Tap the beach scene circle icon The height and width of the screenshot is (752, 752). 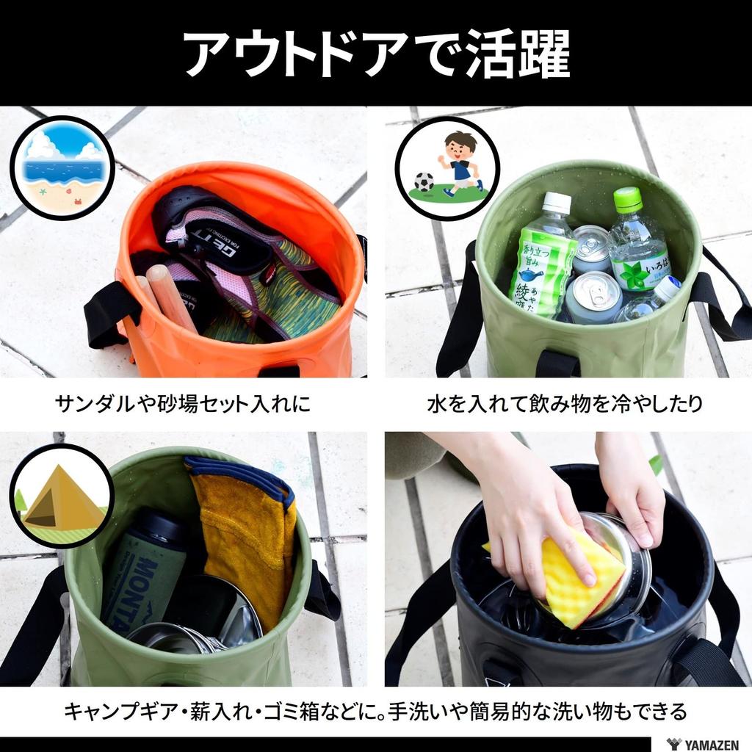pyautogui.click(x=62, y=168)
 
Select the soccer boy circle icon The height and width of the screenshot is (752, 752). pyautogui.click(x=447, y=168)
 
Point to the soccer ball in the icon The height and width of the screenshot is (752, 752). pyautogui.click(x=424, y=181)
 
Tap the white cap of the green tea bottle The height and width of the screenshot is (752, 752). pyautogui.click(x=556, y=203)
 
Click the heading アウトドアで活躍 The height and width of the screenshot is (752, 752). pyautogui.click(x=376, y=53)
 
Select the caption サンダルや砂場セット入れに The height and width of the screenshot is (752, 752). pyautogui.click(x=183, y=403)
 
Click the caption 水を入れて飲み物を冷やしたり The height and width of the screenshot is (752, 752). pyautogui.click(x=565, y=403)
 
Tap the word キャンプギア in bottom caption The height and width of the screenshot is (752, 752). pyautogui.click(x=121, y=711)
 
